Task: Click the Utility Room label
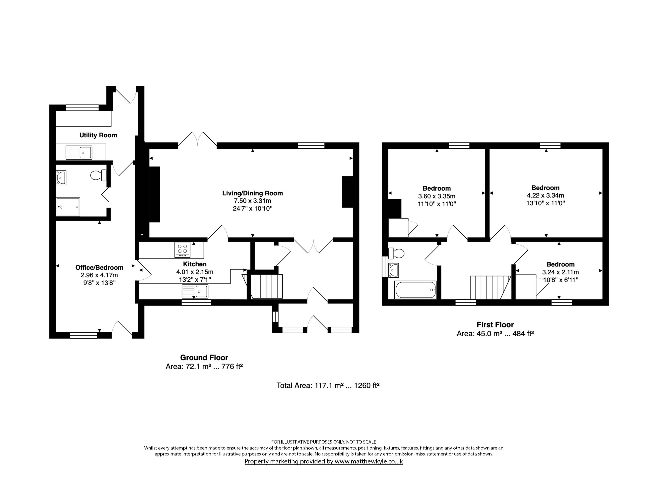pos(98,135)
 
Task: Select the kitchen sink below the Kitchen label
pos(195,291)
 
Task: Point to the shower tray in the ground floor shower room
pos(68,207)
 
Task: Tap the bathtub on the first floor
pos(416,290)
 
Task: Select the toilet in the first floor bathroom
pos(396,253)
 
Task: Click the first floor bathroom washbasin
pos(393,270)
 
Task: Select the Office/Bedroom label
pos(99,267)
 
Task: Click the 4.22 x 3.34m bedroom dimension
pos(545,195)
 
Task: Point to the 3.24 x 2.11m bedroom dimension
pos(560,272)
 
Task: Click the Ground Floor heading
pos(204,358)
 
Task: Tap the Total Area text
pos(328,386)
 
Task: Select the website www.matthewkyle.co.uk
pos(368,461)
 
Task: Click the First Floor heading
pos(495,325)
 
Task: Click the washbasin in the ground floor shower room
pos(61,177)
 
